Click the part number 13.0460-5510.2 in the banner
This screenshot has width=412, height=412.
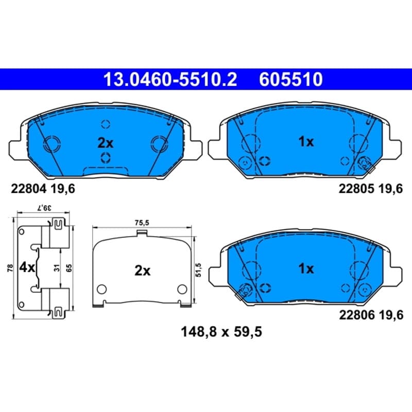click(170, 80)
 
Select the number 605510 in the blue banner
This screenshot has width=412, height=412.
click(291, 80)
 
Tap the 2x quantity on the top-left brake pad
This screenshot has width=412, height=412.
click(106, 143)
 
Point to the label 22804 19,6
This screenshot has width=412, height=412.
click(43, 188)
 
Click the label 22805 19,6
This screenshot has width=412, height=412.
click(370, 188)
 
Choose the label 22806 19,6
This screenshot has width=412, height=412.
click(371, 315)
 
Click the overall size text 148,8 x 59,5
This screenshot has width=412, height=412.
click(221, 332)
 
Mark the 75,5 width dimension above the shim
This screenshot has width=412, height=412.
click(142, 223)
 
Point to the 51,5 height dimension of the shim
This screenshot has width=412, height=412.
click(198, 270)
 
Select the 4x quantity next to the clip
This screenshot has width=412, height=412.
click(27, 268)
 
